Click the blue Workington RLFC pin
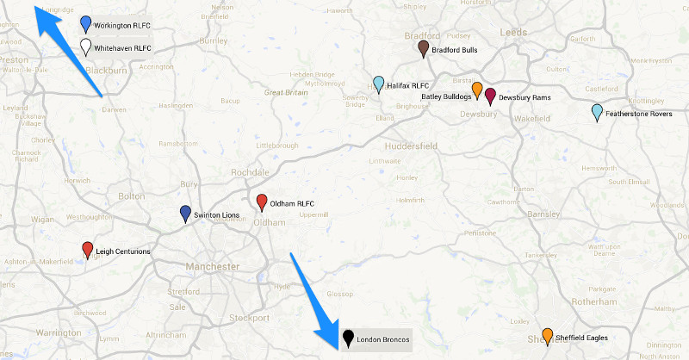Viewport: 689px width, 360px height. click(85, 24)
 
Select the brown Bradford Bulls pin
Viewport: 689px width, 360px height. click(423, 48)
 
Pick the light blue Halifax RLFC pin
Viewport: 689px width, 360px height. click(378, 84)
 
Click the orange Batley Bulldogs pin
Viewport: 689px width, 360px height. click(476, 89)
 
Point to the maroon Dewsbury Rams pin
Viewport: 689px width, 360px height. click(490, 96)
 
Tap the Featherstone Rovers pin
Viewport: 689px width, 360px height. click(597, 112)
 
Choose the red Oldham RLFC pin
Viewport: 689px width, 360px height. click(262, 202)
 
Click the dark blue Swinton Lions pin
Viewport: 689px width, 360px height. click(185, 214)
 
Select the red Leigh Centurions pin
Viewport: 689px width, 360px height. click(87, 250)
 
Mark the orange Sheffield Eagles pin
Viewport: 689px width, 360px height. click(547, 335)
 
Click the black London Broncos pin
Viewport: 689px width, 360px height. click(348, 338)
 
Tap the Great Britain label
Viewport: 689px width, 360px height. click(286, 91)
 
